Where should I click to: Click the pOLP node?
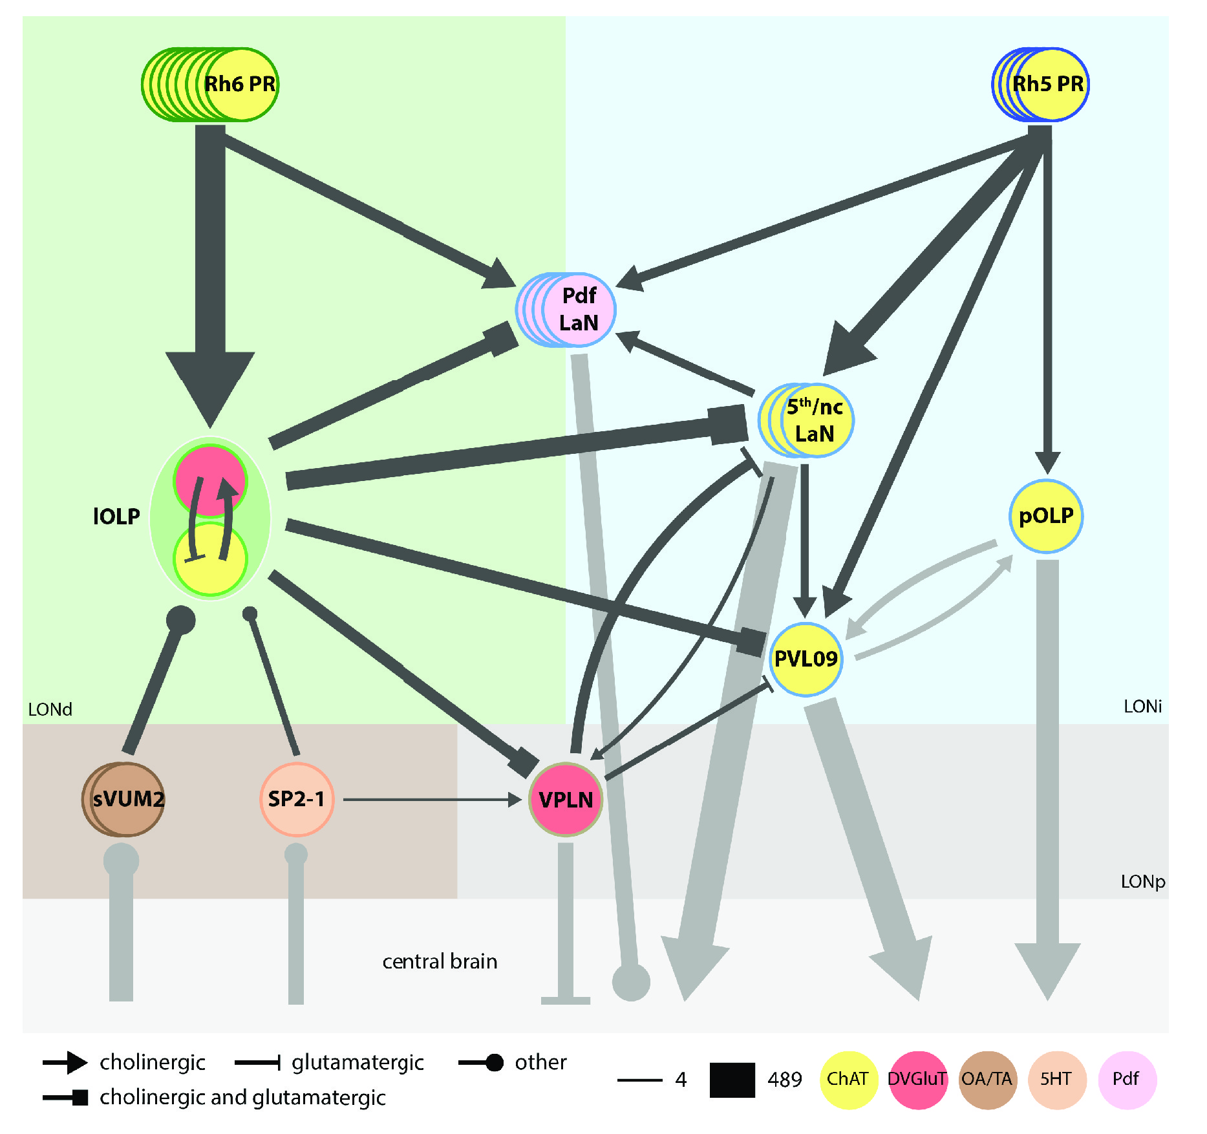click(x=1046, y=517)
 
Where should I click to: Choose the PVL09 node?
click(x=806, y=659)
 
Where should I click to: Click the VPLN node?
click(x=566, y=800)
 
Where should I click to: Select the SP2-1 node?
click(x=297, y=800)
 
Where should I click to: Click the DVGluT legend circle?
click(x=917, y=1080)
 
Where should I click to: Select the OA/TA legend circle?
click(x=987, y=1080)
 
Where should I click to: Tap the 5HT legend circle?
click(x=1056, y=1080)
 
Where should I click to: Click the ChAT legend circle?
click(x=848, y=1080)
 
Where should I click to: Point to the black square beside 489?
click(x=732, y=1080)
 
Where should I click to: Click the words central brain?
click(x=440, y=962)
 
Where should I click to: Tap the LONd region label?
click(x=50, y=710)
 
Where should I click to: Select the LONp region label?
click(x=1142, y=882)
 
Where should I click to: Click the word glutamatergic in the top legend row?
click(x=358, y=1063)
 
